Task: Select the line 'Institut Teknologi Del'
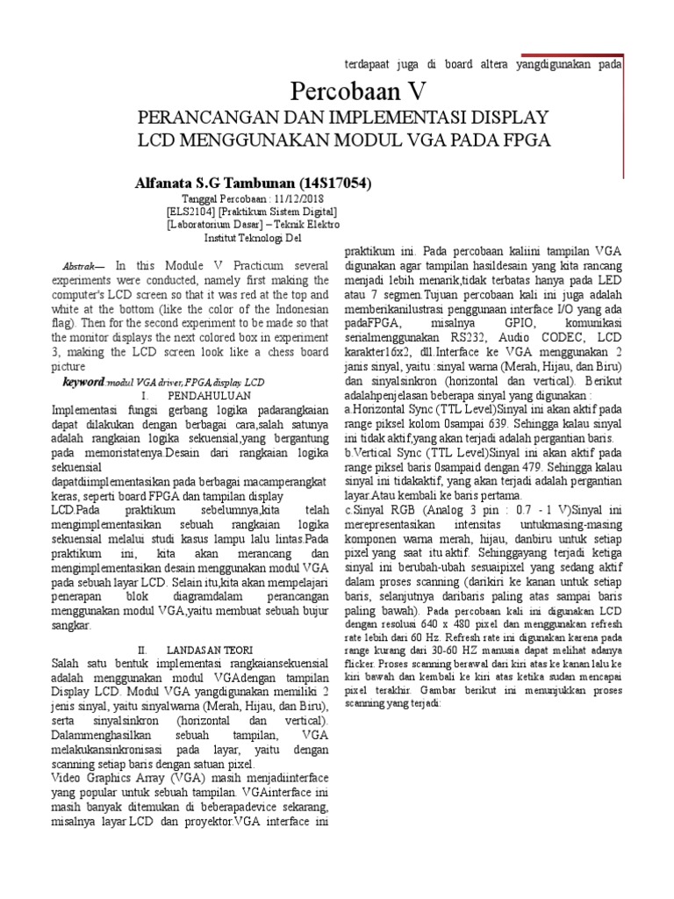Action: pos(252,237)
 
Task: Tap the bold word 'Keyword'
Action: pos(83,383)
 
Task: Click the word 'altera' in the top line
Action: pos(494,65)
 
